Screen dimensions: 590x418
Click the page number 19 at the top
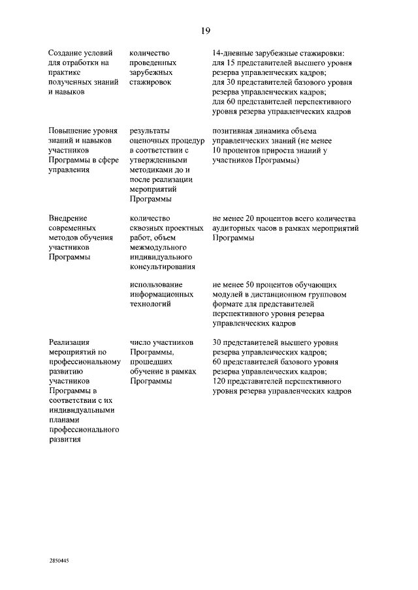click(x=205, y=31)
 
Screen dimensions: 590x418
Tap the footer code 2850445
click(x=59, y=560)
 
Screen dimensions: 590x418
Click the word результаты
click(x=150, y=130)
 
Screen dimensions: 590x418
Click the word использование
click(x=155, y=284)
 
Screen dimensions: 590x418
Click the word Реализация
click(x=69, y=342)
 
